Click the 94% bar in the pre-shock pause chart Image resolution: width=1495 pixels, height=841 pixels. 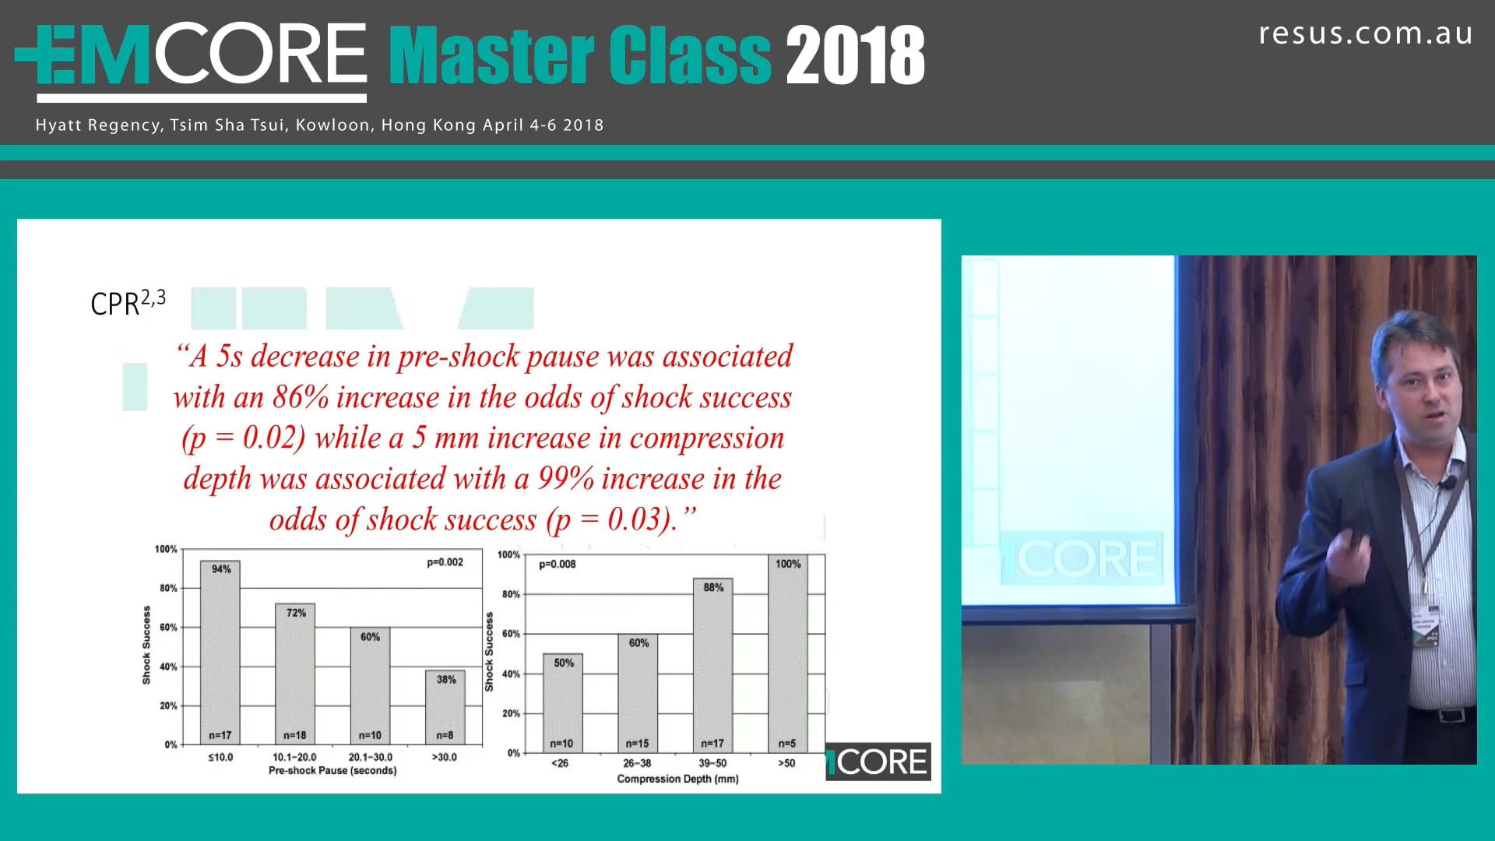(x=220, y=654)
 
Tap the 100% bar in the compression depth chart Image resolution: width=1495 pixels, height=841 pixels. (x=787, y=654)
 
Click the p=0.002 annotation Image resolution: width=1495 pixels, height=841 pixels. (x=445, y=562)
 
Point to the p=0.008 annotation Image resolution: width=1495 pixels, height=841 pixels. (x=557, y=564)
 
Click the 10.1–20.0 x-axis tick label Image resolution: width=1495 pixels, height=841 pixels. (x=294, y=757)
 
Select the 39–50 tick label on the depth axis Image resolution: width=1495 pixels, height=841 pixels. (x=712, y=763)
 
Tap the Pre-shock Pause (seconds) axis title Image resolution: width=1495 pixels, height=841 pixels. (x=332, y=771)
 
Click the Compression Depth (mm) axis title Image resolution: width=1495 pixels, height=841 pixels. (x=677, y=779)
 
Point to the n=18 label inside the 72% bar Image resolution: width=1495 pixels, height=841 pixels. (x=294, y=735)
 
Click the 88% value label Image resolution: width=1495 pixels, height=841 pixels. (x=713, y=587)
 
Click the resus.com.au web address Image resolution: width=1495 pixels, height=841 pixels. (x=1365, y=33)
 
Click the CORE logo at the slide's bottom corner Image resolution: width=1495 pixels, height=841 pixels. (x=878, y=762)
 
